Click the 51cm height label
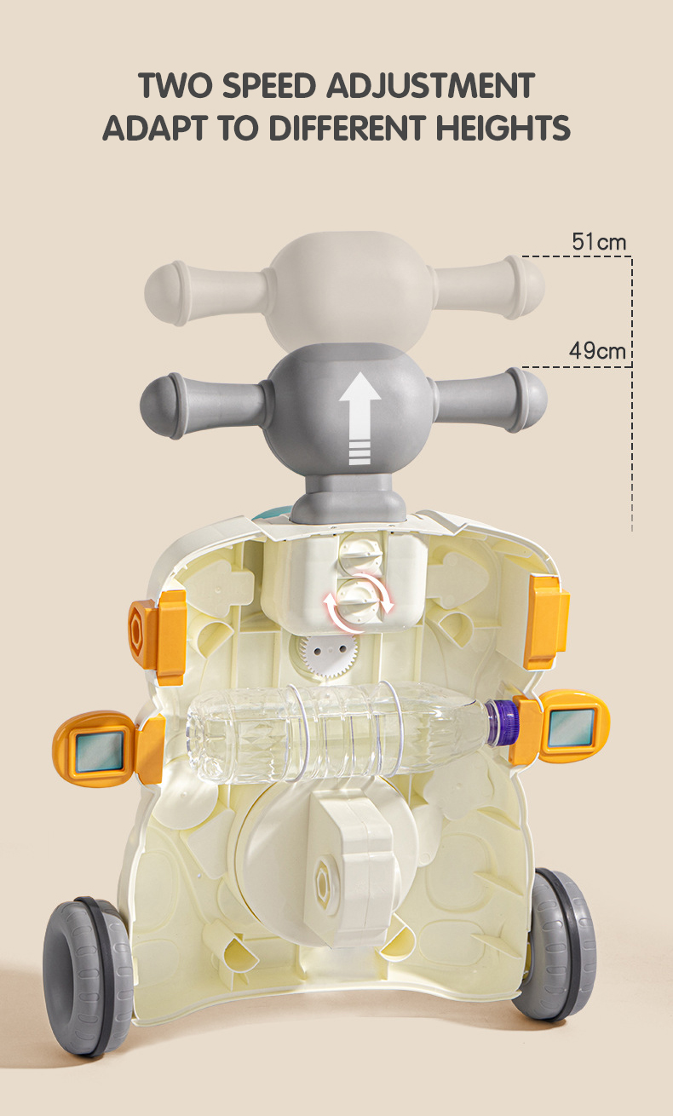click(599, 242)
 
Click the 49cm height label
click(597, 351)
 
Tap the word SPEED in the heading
click(269, 85)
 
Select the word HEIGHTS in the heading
click(503, 127)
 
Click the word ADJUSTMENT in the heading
click(431, 85)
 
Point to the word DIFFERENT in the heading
click(347, 127)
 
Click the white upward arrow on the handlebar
click(360, 419)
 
